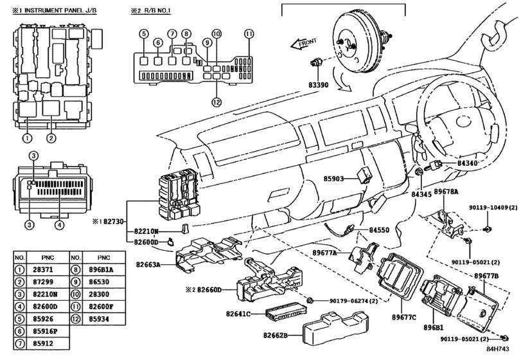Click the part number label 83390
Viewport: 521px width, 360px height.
tap(318, 85)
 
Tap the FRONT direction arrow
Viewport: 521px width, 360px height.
tap(303, 44)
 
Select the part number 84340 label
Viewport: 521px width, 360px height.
tap(467, 163)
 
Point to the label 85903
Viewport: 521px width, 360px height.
tap(333, 179)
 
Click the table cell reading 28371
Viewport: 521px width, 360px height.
tap(43, 269)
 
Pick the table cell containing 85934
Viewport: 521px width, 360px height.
tap(99, 319)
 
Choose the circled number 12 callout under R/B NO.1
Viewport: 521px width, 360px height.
tap(216, 102)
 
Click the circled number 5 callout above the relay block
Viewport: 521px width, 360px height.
tap(144, 33)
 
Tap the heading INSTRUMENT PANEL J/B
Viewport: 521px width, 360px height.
tap(60, 10)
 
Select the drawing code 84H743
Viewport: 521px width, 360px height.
tap(498, 349)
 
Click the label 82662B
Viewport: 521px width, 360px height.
tap(276, 335)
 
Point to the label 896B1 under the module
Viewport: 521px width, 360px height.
tap(433, 327)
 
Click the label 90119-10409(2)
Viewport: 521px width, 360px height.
tap(493, 208)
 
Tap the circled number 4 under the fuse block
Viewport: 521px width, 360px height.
tap(59, 225)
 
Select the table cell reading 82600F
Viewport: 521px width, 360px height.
tap(101, 307)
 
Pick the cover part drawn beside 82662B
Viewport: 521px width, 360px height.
tap(335, 328)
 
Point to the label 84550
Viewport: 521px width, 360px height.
tap(379, 230)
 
